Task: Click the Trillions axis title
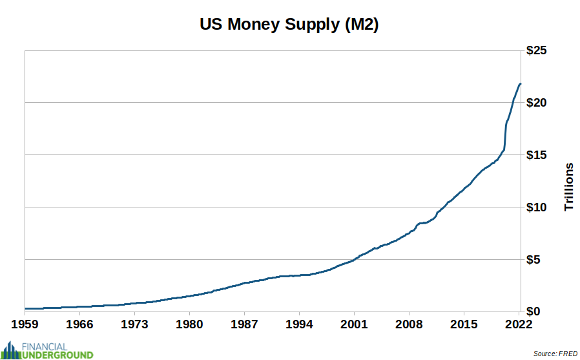tap(569, 187)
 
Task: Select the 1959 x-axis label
tap(25, 323)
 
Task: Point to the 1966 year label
tap(79, 323)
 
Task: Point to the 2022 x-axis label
tap(519, 323)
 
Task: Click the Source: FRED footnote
tap(555, 354)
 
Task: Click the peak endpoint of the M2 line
tap(520, 84)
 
